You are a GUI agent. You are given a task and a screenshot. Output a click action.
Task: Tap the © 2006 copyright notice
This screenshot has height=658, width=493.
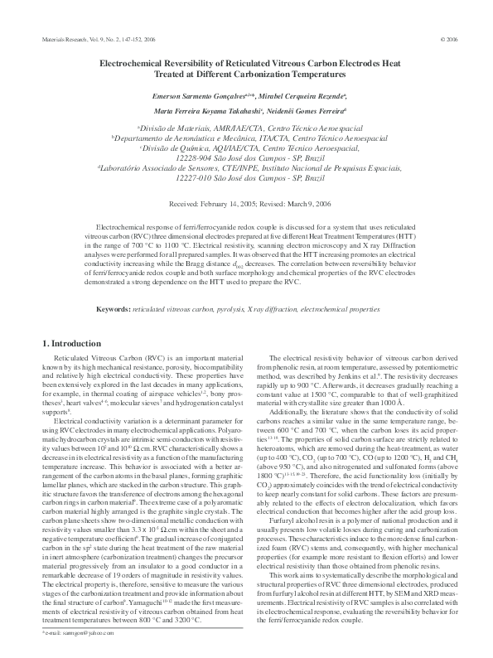453,39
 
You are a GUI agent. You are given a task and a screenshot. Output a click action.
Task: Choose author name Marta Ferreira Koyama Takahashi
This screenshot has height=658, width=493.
202,110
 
